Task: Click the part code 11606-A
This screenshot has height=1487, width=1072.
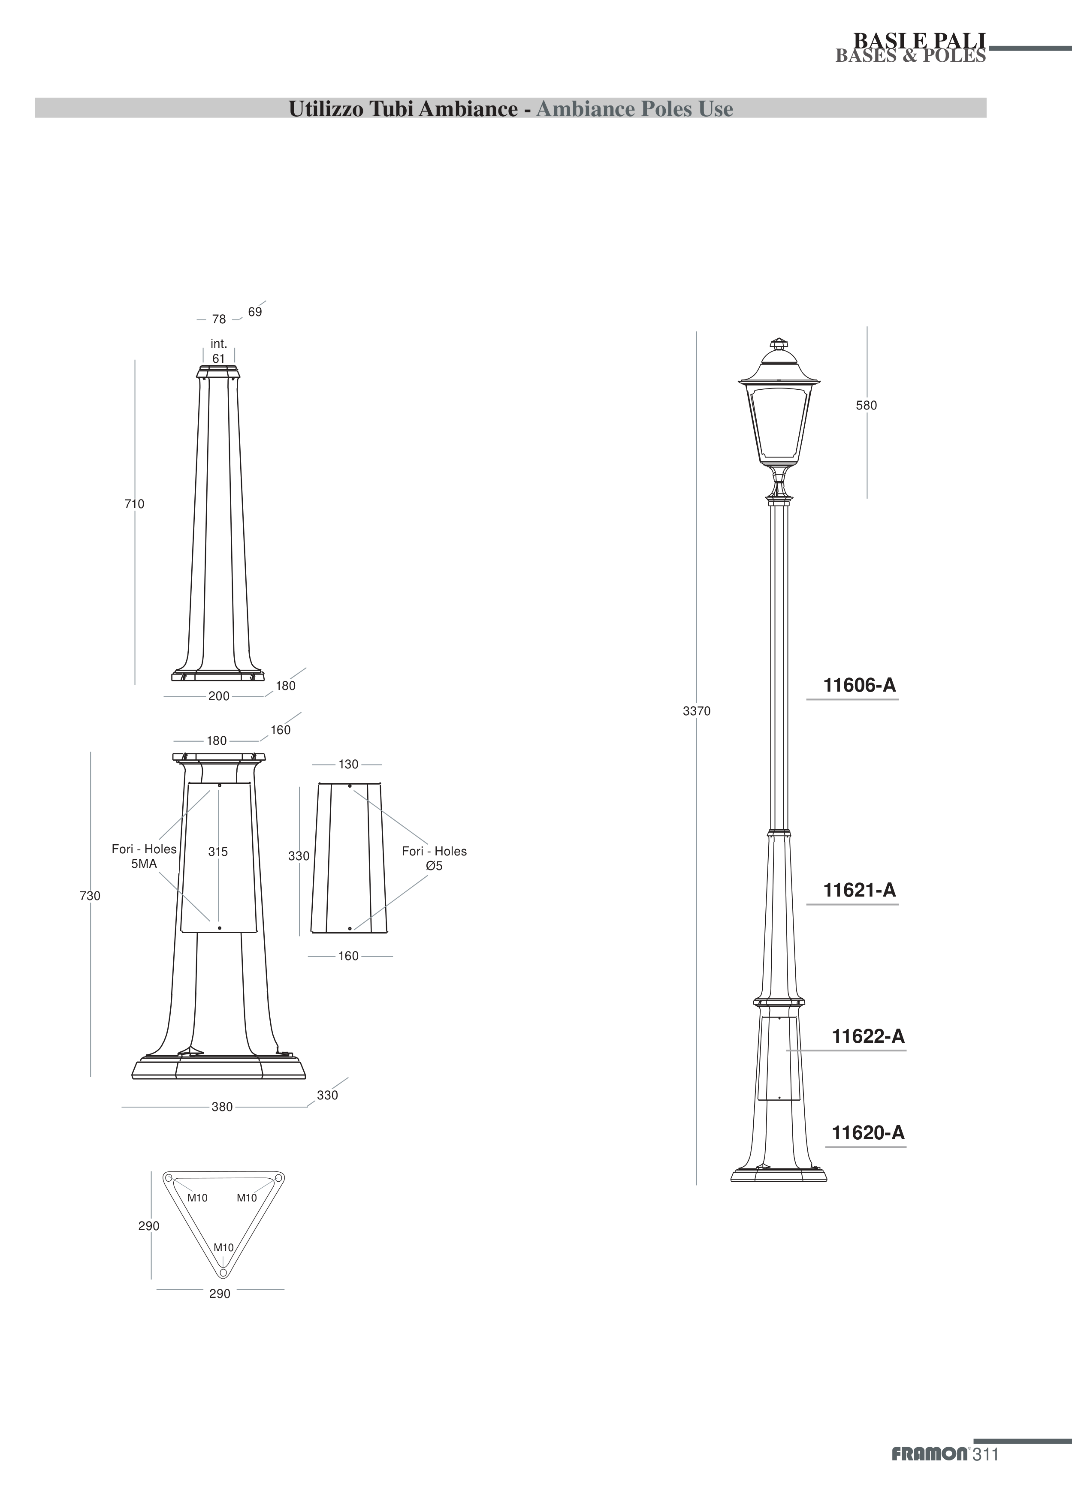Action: (859, 685)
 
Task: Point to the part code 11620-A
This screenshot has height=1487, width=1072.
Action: (868, 1132)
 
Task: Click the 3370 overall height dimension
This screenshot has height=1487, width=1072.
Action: (696, 711)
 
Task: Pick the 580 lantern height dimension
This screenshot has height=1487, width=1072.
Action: (866, 405)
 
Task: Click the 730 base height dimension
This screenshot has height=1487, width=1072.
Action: (90, 896)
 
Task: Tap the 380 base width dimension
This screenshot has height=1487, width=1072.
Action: (222, 1107)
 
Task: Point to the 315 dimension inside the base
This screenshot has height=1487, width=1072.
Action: (218, 851)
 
